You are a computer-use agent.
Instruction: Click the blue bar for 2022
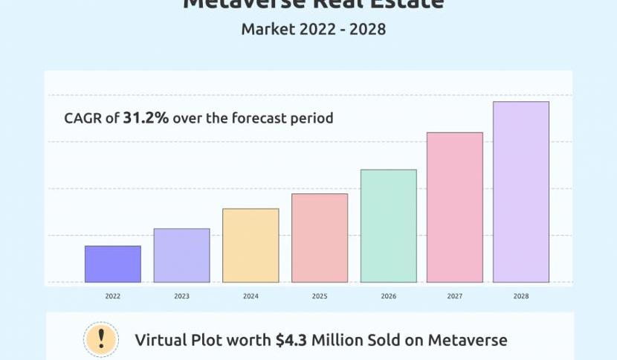113,264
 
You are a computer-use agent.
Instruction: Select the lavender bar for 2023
181,255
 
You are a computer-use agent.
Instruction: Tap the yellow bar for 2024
251,245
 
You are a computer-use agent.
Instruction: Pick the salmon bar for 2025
320,238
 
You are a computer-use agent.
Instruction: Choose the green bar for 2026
388,226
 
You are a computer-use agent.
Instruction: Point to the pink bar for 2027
454,208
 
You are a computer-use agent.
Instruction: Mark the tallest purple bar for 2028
521,192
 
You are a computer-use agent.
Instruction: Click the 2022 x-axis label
113,296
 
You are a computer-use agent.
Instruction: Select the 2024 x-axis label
251,296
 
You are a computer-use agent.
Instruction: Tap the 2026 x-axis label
388,296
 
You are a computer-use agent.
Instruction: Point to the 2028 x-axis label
521,296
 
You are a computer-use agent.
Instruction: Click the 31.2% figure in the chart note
146,118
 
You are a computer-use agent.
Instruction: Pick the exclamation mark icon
102,339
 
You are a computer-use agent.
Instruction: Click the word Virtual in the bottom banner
164,341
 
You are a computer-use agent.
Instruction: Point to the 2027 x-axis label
454,296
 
